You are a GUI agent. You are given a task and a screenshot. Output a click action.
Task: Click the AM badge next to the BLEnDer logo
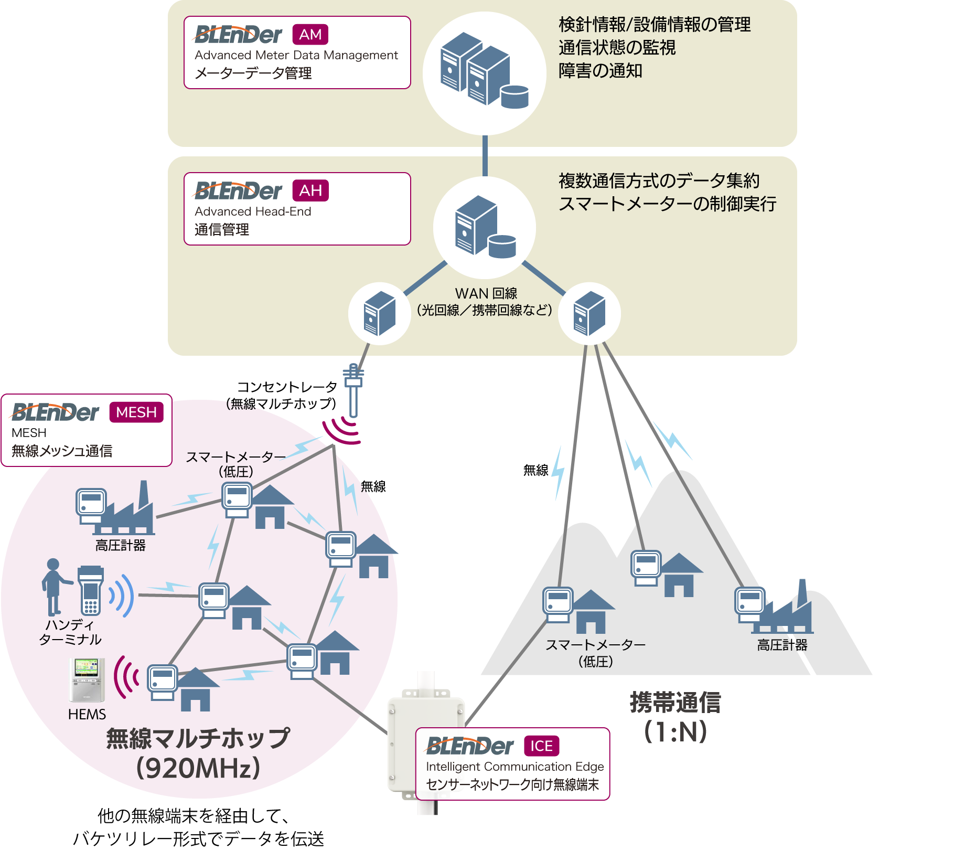tap(310, 35)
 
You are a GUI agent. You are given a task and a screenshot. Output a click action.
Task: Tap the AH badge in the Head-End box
tap(310, 190)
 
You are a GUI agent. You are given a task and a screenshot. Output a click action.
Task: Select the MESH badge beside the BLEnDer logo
tap(136, 412)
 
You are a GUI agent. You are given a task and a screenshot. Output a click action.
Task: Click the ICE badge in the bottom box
tap(542, 746)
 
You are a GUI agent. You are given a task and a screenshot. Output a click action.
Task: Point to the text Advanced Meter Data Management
tap(296, 55)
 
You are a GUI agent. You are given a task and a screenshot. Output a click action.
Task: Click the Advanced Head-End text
tap(253, 211)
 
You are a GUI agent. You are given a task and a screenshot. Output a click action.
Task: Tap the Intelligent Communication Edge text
tap(515, 767)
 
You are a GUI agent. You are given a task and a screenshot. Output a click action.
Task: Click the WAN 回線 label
tap(486, 293)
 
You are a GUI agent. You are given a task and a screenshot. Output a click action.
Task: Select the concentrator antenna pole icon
tap(353, 390)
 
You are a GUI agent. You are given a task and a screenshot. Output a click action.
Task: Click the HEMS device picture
tap(87, 680)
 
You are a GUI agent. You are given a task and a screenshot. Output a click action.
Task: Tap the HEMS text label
tap(87, 714)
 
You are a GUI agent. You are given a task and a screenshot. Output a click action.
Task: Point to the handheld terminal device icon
tap(90, 590)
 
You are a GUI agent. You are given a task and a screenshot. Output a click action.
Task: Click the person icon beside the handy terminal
tap(55, 587)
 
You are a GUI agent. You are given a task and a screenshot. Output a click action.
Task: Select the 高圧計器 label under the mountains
tap(782, 645)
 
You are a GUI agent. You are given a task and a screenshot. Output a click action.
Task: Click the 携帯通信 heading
tap(676, 703)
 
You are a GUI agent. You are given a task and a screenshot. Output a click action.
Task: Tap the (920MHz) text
tap(198, 768)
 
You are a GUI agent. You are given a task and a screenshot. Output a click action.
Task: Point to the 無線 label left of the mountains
tap(535, 470)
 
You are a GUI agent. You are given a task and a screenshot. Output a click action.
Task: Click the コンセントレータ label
tap(287, 387)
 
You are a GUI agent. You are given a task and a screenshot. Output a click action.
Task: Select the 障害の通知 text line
tap(601, 70)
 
